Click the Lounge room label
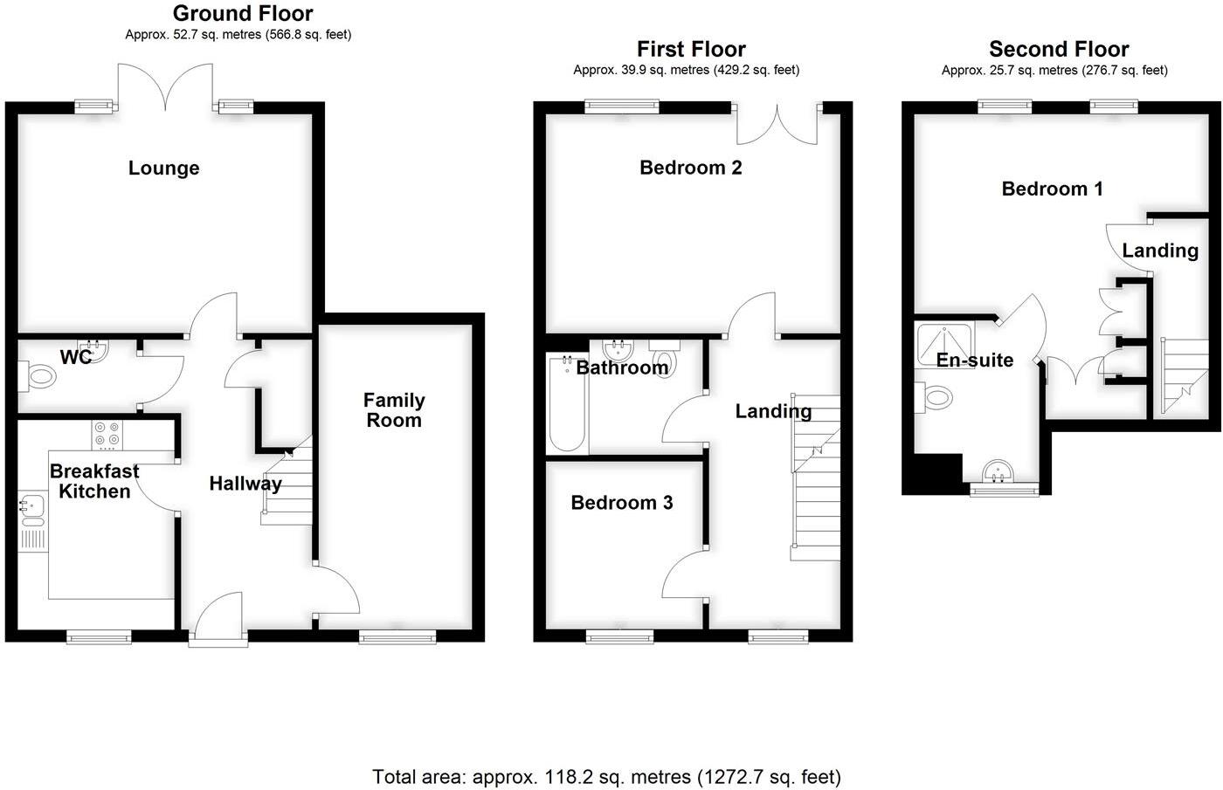coord(163,168)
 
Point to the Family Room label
coord(394,410)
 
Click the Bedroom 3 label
coord(621,503)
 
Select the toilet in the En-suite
coord(935,397)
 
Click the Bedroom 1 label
coord(1052,189)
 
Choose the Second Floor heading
coord(1058,49)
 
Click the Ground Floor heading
coord(242,13)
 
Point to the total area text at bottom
coord(606,776)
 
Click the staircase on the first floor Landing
coord(815,489)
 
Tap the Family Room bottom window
coord(397,638)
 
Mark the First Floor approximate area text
coord(686,70)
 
